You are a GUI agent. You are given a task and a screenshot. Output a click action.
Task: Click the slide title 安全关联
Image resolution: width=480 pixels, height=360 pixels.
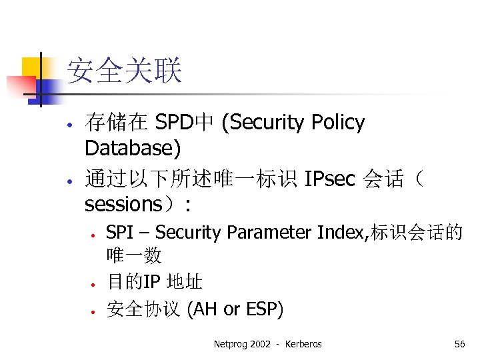click(x=124, y=71)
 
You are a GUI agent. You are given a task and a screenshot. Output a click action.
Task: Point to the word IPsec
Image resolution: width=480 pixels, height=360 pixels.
click(x=330, y=179)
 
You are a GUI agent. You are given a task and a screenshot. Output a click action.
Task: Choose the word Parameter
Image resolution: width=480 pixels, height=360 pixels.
click(x=269, y=233)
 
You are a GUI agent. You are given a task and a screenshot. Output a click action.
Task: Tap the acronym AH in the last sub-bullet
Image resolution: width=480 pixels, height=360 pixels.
click(x=206, y=309)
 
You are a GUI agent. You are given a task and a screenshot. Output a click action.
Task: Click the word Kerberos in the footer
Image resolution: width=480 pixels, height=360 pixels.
click(x=303, y=344)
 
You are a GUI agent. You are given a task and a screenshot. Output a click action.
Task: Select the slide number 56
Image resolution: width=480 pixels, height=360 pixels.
click(x=459, y=344)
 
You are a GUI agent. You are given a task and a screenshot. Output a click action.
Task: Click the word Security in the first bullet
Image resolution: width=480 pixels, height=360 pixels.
click(x=267, y=123)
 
